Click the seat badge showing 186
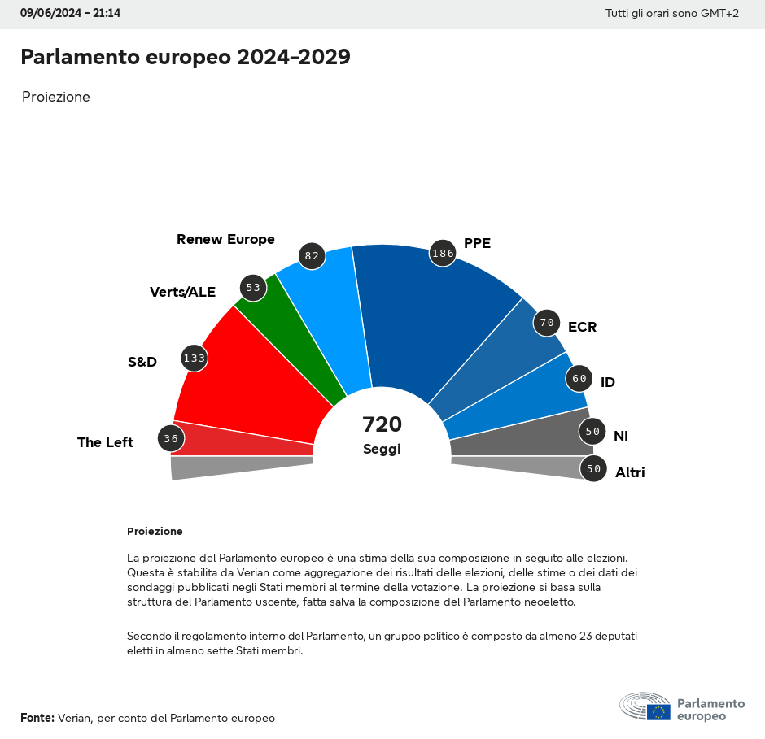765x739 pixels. coord(443,253)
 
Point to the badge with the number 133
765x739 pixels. coord(194,358)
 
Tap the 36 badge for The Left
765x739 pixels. coord(170,439)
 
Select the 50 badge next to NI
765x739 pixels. coord(592,432)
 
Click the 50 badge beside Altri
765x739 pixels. coord(593,468)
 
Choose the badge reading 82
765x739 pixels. coord(312,255)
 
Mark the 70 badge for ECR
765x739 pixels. coord(546,323)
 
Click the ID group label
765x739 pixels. coord(607,382)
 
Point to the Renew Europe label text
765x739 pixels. coord(225,239)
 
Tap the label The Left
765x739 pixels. coord(105,442)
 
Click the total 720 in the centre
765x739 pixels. coord(382,424)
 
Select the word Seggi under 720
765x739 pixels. coord(382,449)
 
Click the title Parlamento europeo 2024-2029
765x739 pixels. coord(186,57)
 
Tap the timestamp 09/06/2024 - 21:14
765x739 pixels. coord(70,13)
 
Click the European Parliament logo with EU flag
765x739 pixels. coord(682,708)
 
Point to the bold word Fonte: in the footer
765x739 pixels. coord(37,718)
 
